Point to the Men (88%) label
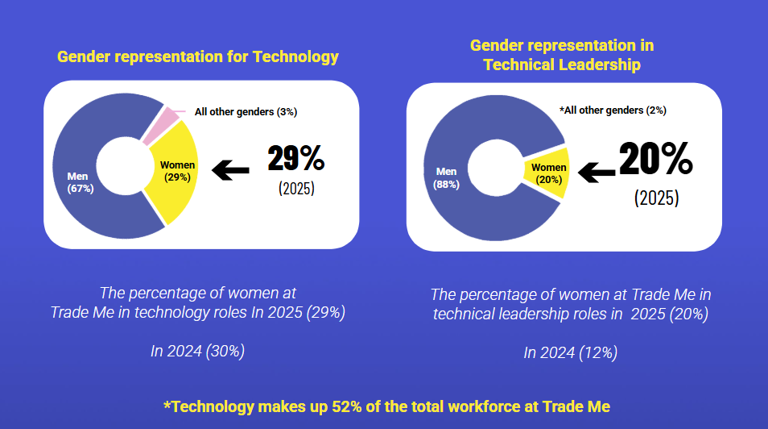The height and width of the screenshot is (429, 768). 446,177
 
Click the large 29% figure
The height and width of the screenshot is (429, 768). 295,159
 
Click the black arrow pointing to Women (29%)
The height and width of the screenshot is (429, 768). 230,170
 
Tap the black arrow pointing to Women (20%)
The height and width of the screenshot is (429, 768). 597,170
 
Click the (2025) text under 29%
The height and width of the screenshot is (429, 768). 296,190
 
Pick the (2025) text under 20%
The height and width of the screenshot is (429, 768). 656,198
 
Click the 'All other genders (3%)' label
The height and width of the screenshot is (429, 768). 246,112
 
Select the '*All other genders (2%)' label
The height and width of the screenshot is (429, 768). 613,110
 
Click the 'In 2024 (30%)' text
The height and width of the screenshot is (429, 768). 197,351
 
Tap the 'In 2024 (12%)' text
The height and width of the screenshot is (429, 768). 570,352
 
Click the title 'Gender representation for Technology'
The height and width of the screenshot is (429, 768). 197,56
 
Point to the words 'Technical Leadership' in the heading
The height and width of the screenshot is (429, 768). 562,65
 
